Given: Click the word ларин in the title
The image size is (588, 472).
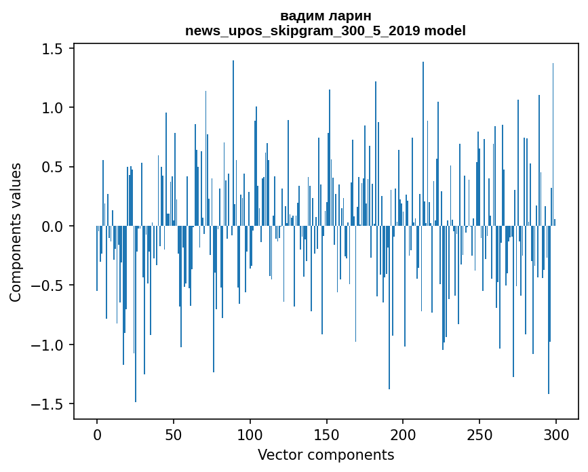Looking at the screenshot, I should pos(350,16).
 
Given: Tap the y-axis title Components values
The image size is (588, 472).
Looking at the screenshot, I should pos(16,232).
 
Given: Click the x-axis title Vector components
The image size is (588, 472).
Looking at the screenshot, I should pos(326,455).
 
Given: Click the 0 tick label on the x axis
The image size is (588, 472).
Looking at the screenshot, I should pos(97,435).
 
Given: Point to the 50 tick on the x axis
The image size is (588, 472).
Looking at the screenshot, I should pos(174,435).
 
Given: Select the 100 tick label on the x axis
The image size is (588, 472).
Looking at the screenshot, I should pos(250,435).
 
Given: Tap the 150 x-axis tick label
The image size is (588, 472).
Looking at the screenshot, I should pos(326,435).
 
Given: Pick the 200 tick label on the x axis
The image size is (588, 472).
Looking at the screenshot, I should pos(403,435).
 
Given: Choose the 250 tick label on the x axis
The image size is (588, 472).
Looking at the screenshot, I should pos(479,435).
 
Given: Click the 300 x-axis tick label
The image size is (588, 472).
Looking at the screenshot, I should pos(556,435).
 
